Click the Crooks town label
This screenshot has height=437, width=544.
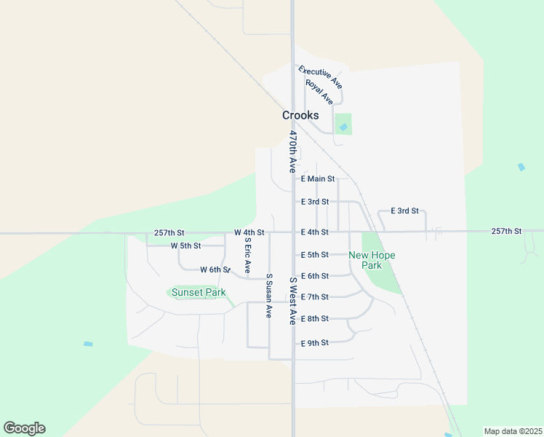(300, 115)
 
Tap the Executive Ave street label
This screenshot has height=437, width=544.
(320, 77)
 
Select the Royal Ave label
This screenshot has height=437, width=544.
(319, 92)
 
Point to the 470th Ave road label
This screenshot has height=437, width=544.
(293, 151)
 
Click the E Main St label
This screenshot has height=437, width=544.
(317, 178)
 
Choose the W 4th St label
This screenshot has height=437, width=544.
(249, 232)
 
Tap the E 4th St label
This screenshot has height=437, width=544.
(315, 232)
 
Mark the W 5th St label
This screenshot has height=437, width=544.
(185, 245)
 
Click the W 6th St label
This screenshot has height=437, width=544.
(215, 269)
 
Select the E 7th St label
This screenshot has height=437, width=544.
(315, 297)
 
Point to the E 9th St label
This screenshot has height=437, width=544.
(315, 342)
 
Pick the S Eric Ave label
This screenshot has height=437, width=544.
(247, 256)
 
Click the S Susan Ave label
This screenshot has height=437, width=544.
(268, 296)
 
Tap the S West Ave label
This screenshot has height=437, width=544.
(293, 300)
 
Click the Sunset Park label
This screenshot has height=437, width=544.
(199, 293)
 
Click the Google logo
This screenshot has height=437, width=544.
(24, 428)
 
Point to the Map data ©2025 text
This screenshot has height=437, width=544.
(513, 431)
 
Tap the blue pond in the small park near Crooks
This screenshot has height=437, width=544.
(343, 127)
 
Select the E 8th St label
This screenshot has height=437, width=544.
(315, 319)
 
